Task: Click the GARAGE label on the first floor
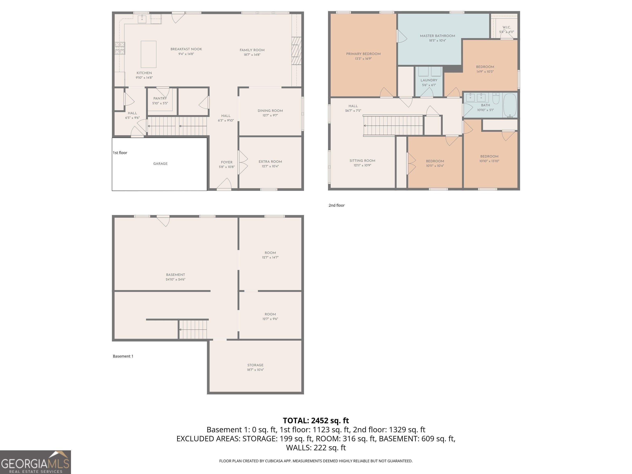[160, 164]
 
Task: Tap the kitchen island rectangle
[149, 54]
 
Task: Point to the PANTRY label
[160, 99]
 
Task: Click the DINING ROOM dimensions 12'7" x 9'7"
[270, 115]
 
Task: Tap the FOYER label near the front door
[227, 162]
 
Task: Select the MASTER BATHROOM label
[437, 36]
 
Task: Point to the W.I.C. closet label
[507, 27]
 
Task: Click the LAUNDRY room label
[429, 80]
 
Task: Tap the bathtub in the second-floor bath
[510, 105]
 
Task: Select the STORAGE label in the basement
[256, 365]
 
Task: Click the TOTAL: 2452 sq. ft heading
[316, 421]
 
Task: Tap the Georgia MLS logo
[35, 462]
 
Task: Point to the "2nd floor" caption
[337, 206]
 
